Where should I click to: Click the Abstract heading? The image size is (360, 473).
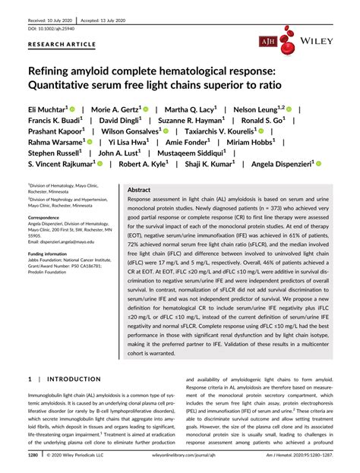pyautogui.click(x=140, y=190)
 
